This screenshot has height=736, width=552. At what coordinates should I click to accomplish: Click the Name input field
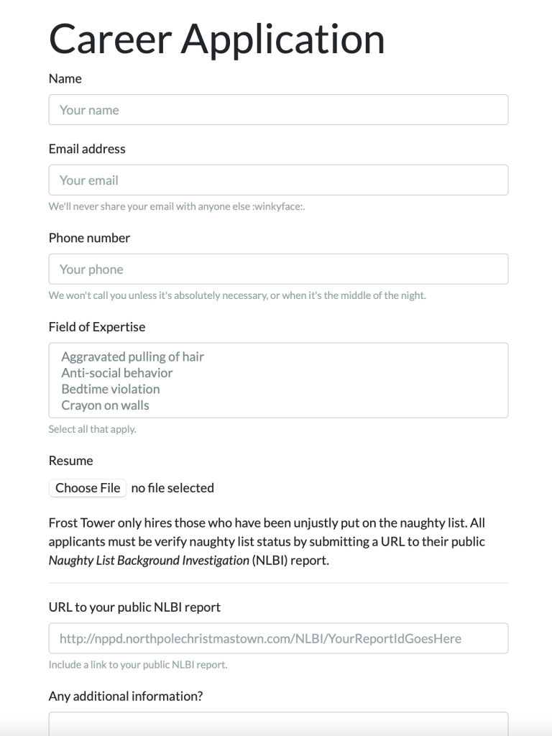(278, 110)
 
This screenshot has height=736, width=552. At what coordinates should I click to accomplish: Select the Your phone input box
(278, 270)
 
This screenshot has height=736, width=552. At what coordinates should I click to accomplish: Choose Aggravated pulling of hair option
(133, 357)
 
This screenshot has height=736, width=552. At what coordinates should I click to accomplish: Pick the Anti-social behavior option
(117, 373)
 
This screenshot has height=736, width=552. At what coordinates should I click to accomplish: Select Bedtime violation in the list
(111, 389)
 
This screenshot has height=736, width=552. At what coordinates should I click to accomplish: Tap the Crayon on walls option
(106, 405)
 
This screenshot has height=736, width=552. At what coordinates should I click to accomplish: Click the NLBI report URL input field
(278, 638)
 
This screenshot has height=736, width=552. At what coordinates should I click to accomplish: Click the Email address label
(87, 149)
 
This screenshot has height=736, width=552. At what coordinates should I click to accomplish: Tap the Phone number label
(89, 238)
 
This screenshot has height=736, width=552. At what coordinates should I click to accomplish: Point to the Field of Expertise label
(97, 327)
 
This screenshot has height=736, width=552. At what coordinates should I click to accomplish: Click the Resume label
(71, 461)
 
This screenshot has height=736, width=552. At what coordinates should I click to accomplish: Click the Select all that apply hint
(92, 430)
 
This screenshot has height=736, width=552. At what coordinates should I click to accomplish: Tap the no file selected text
(172, 488)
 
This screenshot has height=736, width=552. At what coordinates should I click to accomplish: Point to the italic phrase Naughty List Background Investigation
(149, 561)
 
